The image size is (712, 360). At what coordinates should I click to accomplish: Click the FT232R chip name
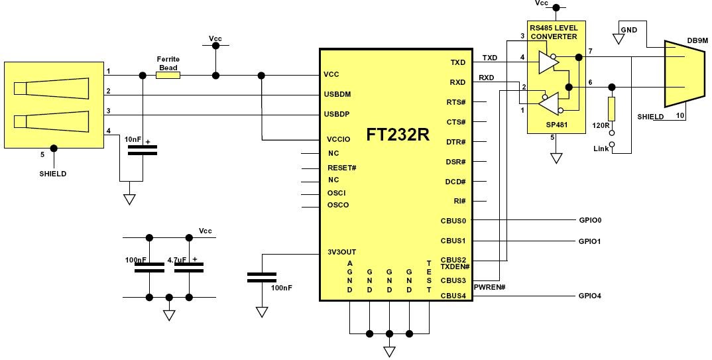398,135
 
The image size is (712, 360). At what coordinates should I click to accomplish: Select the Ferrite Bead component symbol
168,75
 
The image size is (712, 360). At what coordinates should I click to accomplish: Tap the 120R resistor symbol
611,109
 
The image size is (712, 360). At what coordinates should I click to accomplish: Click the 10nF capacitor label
133,139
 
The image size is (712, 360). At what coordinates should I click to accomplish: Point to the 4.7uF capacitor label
177,261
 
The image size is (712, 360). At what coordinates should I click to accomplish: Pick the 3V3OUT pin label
341,252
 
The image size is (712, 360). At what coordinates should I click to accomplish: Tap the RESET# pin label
342,168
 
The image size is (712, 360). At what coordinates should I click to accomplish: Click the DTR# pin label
455,142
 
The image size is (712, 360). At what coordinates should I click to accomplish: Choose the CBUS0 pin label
453,221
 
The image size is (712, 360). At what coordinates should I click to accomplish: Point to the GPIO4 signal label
589,296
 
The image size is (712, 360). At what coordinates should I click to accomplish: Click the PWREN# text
491,286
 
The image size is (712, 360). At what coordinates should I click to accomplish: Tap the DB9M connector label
697,40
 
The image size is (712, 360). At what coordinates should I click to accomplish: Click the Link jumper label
601,149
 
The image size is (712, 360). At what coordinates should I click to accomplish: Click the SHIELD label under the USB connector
53,174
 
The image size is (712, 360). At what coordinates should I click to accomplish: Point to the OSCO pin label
338,205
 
